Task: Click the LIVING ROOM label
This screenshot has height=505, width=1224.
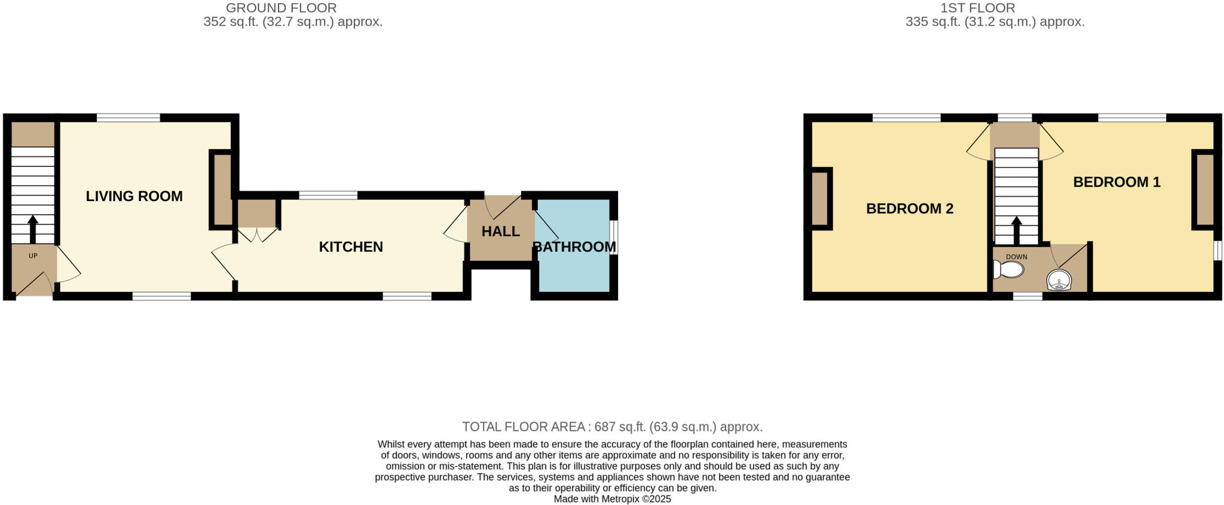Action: (134, 196)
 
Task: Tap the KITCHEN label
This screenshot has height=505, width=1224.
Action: (350, 247)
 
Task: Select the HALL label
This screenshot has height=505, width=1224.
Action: (500, 232)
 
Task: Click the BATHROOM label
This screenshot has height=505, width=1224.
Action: (574, 247)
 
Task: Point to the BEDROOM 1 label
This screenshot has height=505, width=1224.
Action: (1116, 182)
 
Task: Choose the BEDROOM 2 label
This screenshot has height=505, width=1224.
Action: (909, 208)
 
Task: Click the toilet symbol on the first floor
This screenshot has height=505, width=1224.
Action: (1008, 269)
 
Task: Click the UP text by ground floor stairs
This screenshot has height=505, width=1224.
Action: (33, 256)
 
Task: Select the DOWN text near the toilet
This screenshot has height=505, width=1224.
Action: (1016, 257)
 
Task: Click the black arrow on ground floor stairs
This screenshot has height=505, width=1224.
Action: (33, 228)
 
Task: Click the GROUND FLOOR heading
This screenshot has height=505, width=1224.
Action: (281, 8)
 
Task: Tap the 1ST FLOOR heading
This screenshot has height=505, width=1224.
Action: (994, 8)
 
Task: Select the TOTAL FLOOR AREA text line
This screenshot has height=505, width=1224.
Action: (612, 427)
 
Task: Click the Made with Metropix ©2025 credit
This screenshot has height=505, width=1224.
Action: (612, 499)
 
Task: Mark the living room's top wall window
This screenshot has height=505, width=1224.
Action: (128, 118)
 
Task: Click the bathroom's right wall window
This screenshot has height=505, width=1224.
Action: (614, 238)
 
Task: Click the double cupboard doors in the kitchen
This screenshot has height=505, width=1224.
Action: (258, 235)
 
